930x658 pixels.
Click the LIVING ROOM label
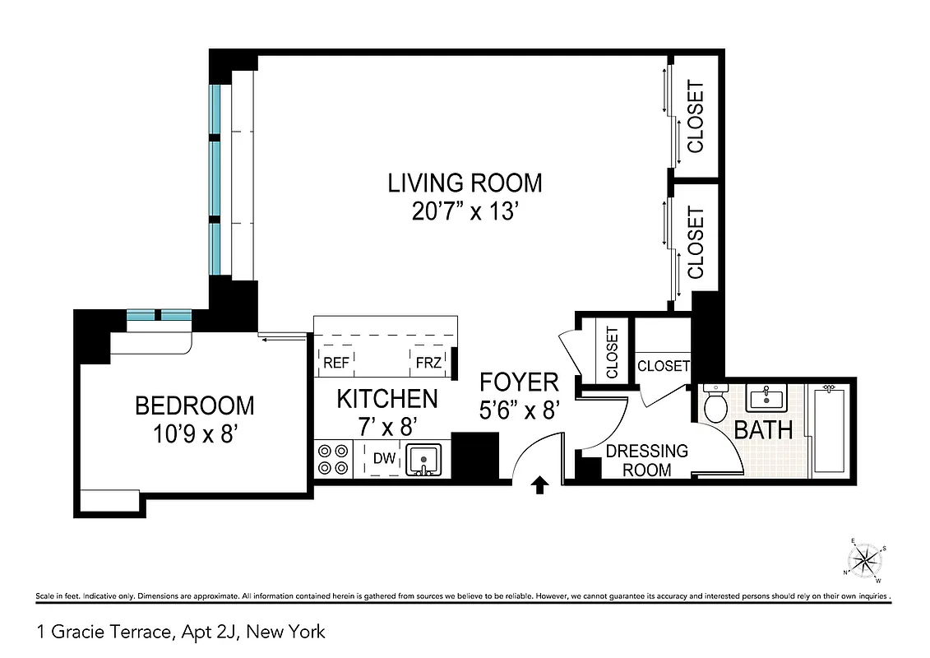click(x=465, y=182)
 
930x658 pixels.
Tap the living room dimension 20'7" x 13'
click(x=465, y=212)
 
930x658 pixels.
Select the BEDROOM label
click(x=195, y=405)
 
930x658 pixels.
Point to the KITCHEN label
click(x=387, y=399)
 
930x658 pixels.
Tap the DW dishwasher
click(x=382, y=459)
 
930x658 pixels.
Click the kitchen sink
click(x=423, y=459)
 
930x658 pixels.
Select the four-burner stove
click(x=333, y=459)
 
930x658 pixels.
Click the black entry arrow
click(x=540, y=485)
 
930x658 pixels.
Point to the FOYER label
click(x=520, y=382)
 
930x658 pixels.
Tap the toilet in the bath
click(x=715, y=404)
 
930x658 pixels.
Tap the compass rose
click(x=865, y=561)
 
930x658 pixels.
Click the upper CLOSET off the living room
click(x=696, y=117)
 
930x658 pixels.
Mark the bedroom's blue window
click(x=159, y=315)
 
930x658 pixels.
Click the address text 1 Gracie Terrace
click(x=181, y=632)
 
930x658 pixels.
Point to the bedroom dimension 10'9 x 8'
click(x=195, y=434)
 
